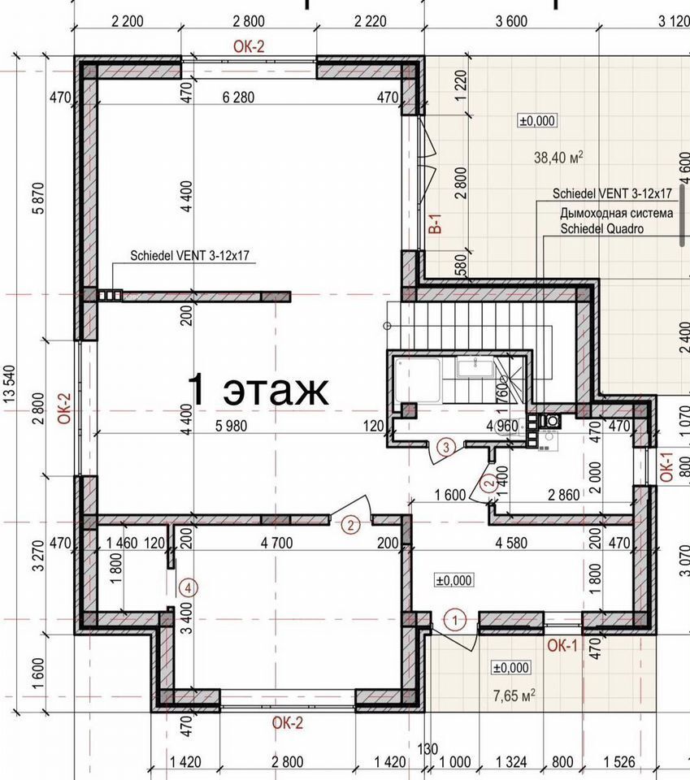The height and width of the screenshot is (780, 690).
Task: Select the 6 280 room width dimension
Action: (x=238, y=97)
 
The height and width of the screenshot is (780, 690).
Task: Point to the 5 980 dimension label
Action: (x=231, y=426)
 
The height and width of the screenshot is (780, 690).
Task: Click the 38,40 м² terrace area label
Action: (x=558, y=157)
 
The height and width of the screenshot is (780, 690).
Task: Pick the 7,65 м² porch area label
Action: (x=514, y=695)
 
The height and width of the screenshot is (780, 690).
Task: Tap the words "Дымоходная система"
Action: (x=616, y=214)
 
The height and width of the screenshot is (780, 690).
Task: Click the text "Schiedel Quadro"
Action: (x=601, y=229)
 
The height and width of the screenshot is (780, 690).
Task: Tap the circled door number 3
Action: (x=445, y=447)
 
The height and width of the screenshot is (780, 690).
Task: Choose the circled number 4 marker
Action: (x=188, y=588)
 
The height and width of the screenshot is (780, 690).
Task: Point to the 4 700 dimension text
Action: (x=276, y=543)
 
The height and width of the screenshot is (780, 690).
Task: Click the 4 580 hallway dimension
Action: (x=511, y=543)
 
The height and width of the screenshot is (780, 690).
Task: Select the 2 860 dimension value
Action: (x=564, y=495)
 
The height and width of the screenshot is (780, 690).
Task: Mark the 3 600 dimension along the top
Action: (x=511, y=21)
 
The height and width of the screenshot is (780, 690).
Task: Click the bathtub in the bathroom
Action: (x=418, y=380)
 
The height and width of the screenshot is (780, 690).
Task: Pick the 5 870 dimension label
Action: (x=38, y=198)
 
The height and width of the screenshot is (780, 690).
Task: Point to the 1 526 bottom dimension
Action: (x=619, y=761)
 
